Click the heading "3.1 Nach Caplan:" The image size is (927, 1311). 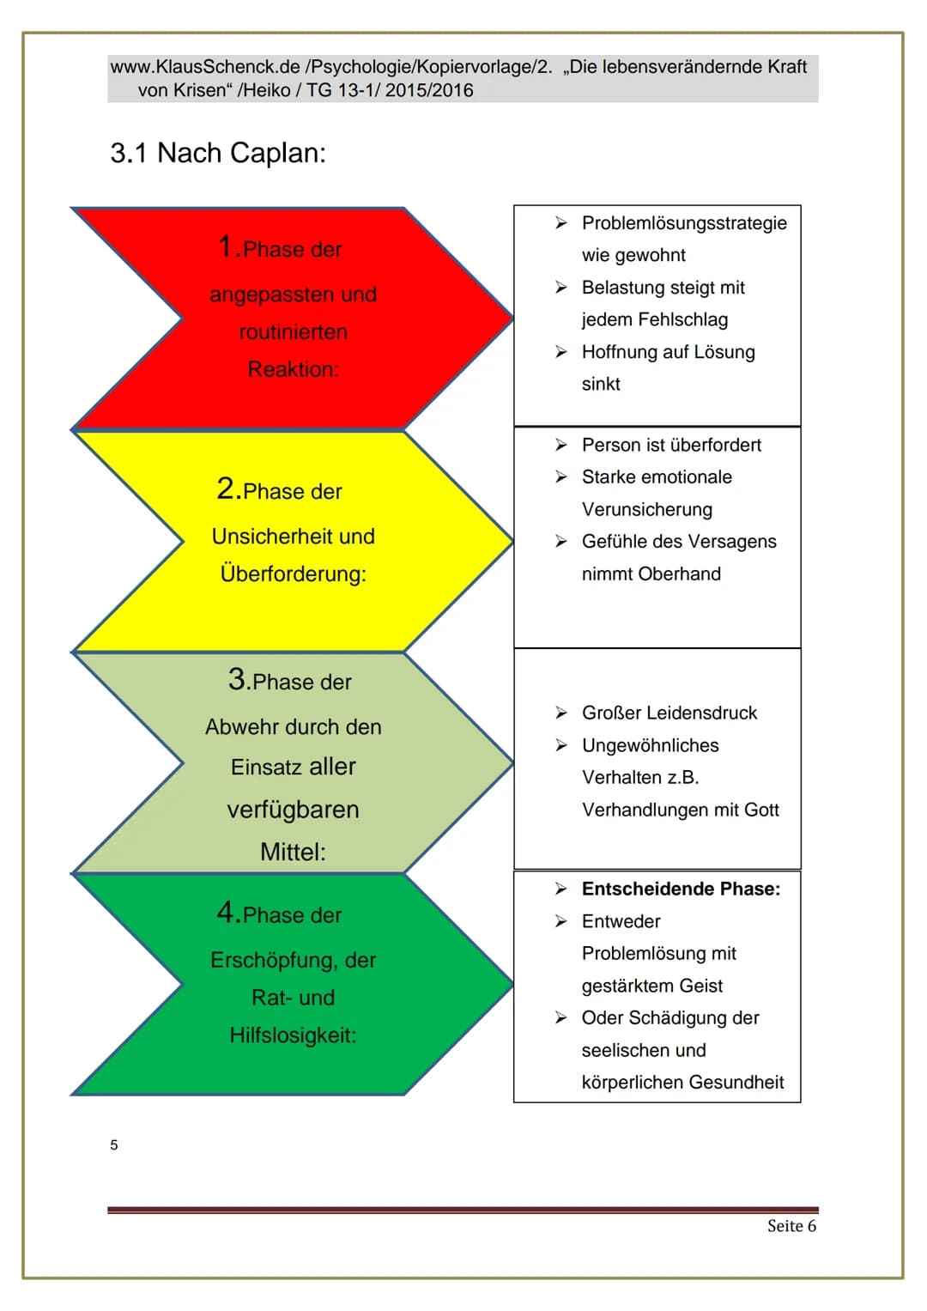tap(218, 154)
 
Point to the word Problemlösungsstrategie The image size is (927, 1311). tap(684, 223)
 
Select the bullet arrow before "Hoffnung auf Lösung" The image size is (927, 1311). tap(561, 352)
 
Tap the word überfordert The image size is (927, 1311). tap(714, 445)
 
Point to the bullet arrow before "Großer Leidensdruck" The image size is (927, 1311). tap(561, 713)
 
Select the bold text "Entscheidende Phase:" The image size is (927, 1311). tap(682, 889)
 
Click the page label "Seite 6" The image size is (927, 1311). tap(791, 1225)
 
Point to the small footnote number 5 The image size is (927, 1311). tap(114, 1145)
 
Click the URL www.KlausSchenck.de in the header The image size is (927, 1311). tap(205, 67)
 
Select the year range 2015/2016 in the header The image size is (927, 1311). tap(429, 90)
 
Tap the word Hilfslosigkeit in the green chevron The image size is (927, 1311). tap(293, 1035)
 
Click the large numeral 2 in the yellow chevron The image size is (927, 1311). tap(225, 489)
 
